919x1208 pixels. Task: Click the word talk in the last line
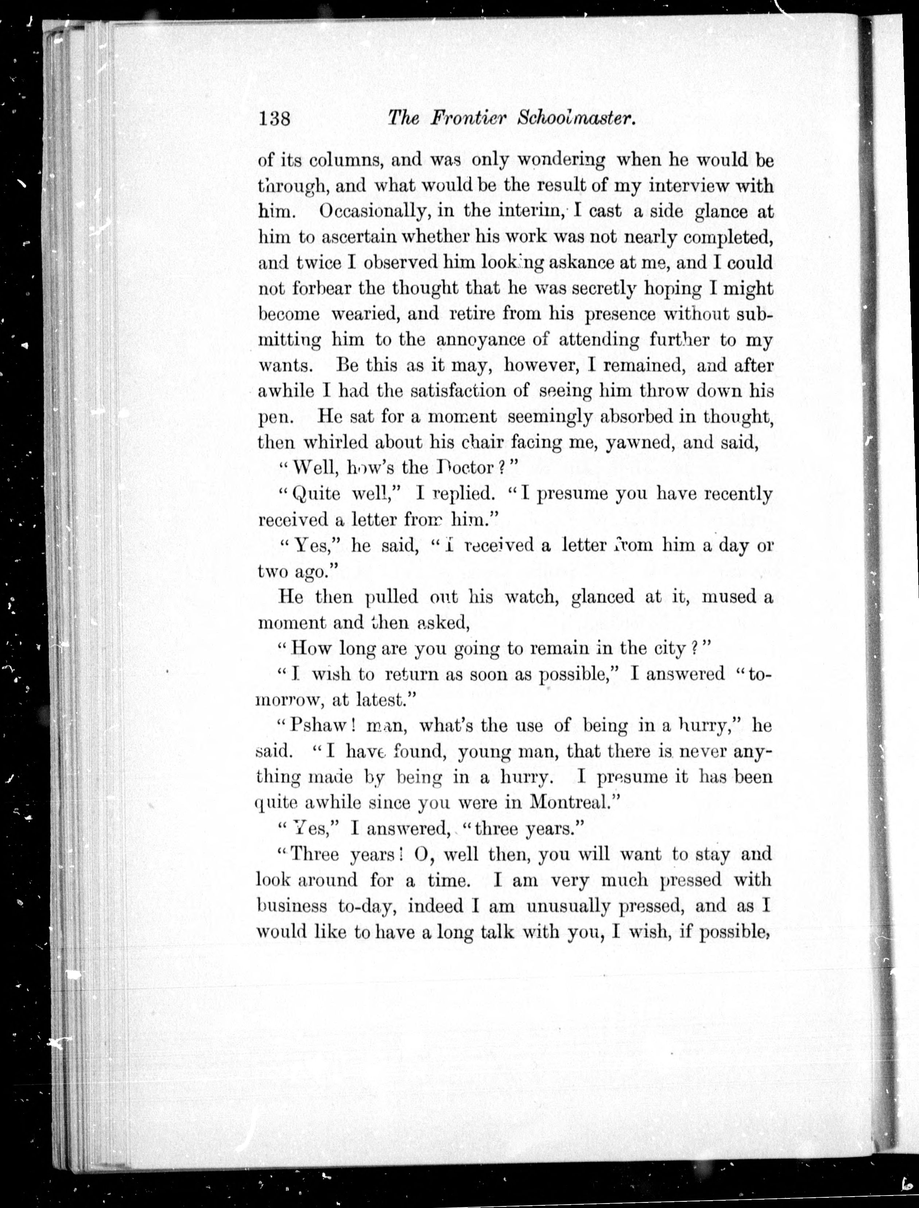497,932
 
